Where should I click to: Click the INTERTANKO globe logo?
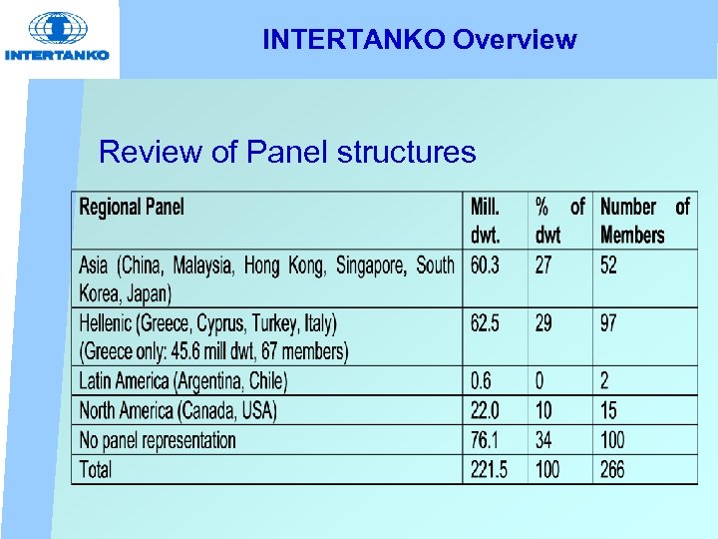pos(56,30)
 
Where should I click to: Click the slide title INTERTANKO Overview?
pos(419,40)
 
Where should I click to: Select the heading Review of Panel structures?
pos(287,153)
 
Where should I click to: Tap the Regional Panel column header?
pos(132,208)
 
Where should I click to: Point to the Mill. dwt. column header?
pos(486,221)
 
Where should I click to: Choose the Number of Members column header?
pos(644,221)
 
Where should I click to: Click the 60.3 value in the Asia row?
pos(486,266)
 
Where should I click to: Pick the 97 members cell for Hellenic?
pos(608,323)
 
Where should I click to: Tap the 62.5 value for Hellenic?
pos(486,323)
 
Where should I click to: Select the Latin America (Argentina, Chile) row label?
pos(182,381)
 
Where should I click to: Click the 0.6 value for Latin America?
pos(481,381)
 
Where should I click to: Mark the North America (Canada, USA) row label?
pos(178,410)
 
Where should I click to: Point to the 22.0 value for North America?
pos(486,410)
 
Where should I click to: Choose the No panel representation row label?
pos(158,440)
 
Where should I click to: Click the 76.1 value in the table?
pos(485,440)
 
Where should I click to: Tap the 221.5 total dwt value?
pos(489,469)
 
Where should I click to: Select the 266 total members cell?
pos(612,469)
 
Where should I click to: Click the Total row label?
pos(96,469)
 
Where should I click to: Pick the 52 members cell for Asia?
pos(608,266)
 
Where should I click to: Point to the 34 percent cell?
pos(544,440)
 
